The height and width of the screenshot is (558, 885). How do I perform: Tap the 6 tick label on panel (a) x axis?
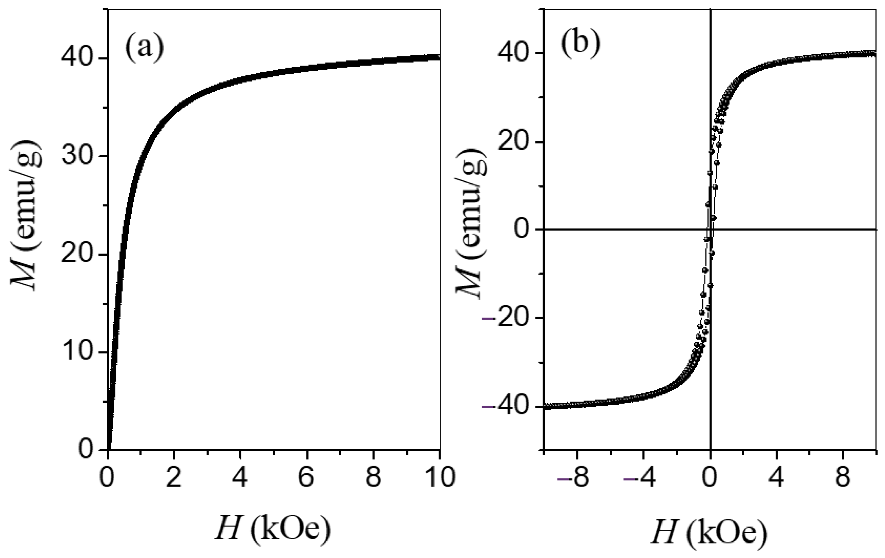306,477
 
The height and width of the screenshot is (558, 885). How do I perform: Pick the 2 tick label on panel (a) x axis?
173,477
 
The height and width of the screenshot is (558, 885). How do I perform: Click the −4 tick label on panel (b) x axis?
640,477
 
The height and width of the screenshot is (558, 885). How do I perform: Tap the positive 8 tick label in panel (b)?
843,477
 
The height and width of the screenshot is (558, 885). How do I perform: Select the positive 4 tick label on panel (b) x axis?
777,477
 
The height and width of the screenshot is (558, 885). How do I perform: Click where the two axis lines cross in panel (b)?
710,229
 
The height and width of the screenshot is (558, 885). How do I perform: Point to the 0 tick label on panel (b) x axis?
710,477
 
